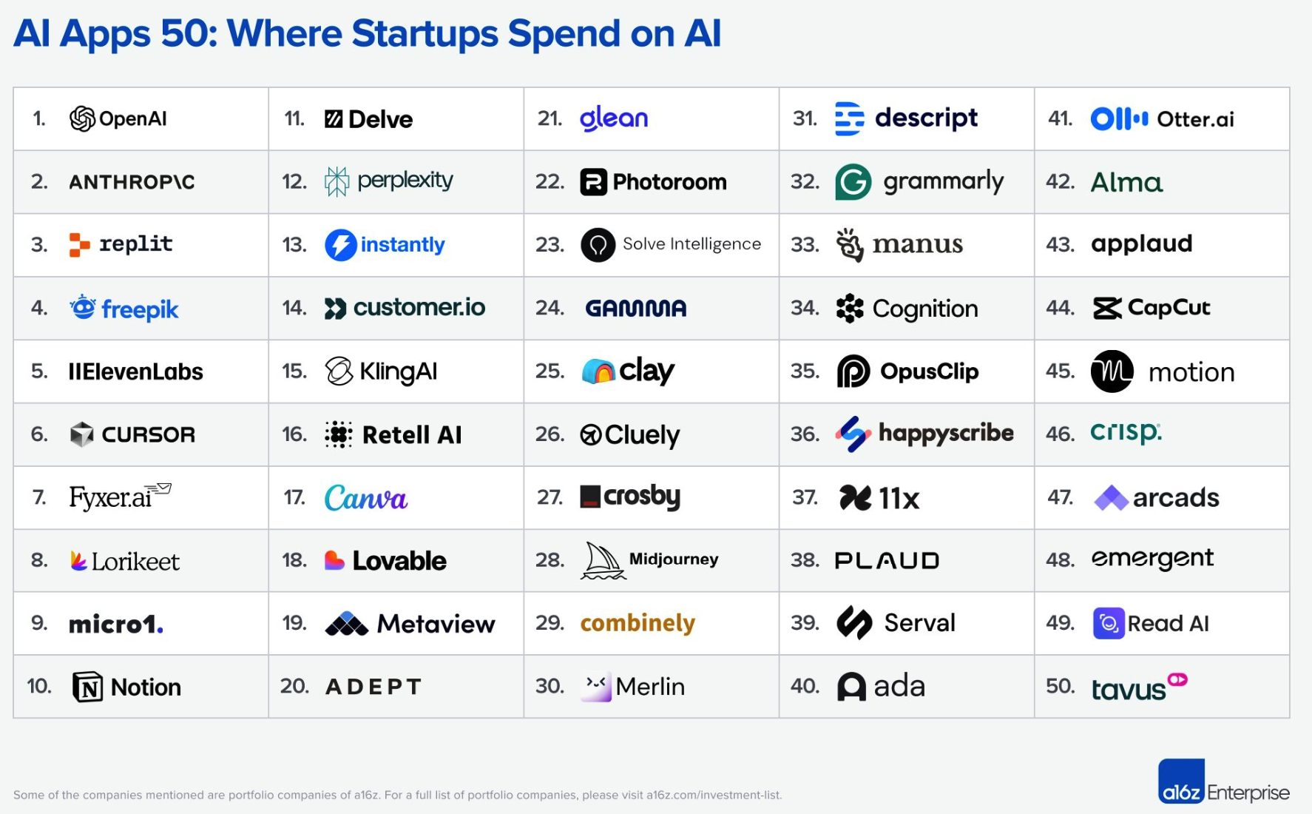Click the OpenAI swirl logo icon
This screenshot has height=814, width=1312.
(x=82, y=118)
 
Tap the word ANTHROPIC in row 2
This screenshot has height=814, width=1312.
(x=132, y=182)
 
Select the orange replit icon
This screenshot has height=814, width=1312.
(x=79, y=244)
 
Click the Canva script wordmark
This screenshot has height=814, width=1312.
(x=366, y=498)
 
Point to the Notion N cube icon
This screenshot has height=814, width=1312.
(x=87, y=687)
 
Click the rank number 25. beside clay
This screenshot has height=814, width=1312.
(x=550, y=371)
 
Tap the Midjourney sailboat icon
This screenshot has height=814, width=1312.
(x=602, y=560)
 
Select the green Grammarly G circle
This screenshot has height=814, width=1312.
(x=853, y=182)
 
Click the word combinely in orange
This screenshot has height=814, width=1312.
(x=638, y=623)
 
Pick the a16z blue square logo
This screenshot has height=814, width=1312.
(x=1181, y=782)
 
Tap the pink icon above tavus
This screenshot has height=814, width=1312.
(x=1177, y=679)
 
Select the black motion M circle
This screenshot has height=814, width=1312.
(x=1112, y=371)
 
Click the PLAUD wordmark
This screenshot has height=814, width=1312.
(x=887, y=561)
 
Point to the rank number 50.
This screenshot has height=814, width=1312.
(x=1060, y=686)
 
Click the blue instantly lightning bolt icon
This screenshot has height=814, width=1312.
(x=340, y=245)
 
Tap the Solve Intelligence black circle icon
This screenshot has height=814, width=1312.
(x=598, y=245)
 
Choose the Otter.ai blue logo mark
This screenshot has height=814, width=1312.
(x=1119, y=119)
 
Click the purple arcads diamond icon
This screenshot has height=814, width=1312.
(x=1111, y=498)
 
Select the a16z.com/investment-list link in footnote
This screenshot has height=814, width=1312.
(x=714, y=795)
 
